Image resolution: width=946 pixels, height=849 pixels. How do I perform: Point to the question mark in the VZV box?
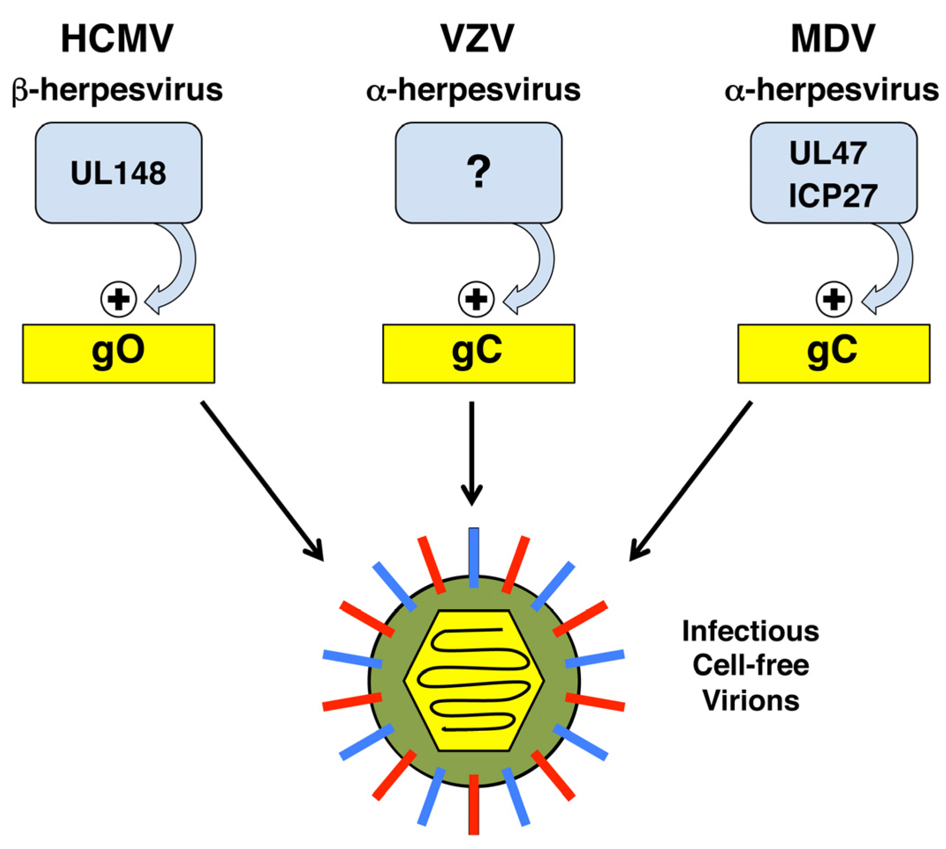[479, 172]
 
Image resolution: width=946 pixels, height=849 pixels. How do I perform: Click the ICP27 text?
[833, 196]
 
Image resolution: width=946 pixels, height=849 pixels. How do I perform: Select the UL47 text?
[828, 153]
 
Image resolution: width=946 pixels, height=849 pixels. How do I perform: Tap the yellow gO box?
[119, 353]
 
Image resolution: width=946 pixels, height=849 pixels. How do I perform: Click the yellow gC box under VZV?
[479, 353]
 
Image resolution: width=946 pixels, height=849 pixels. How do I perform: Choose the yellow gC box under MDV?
[833, 353]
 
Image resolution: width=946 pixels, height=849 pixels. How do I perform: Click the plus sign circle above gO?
[119, 299]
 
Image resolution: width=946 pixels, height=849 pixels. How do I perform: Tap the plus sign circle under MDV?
[833, 299]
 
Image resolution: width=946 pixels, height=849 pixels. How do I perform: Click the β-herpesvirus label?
[117, 90]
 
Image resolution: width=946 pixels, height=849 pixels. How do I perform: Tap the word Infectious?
[750, 631]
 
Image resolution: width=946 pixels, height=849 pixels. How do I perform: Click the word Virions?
[750, 701]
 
